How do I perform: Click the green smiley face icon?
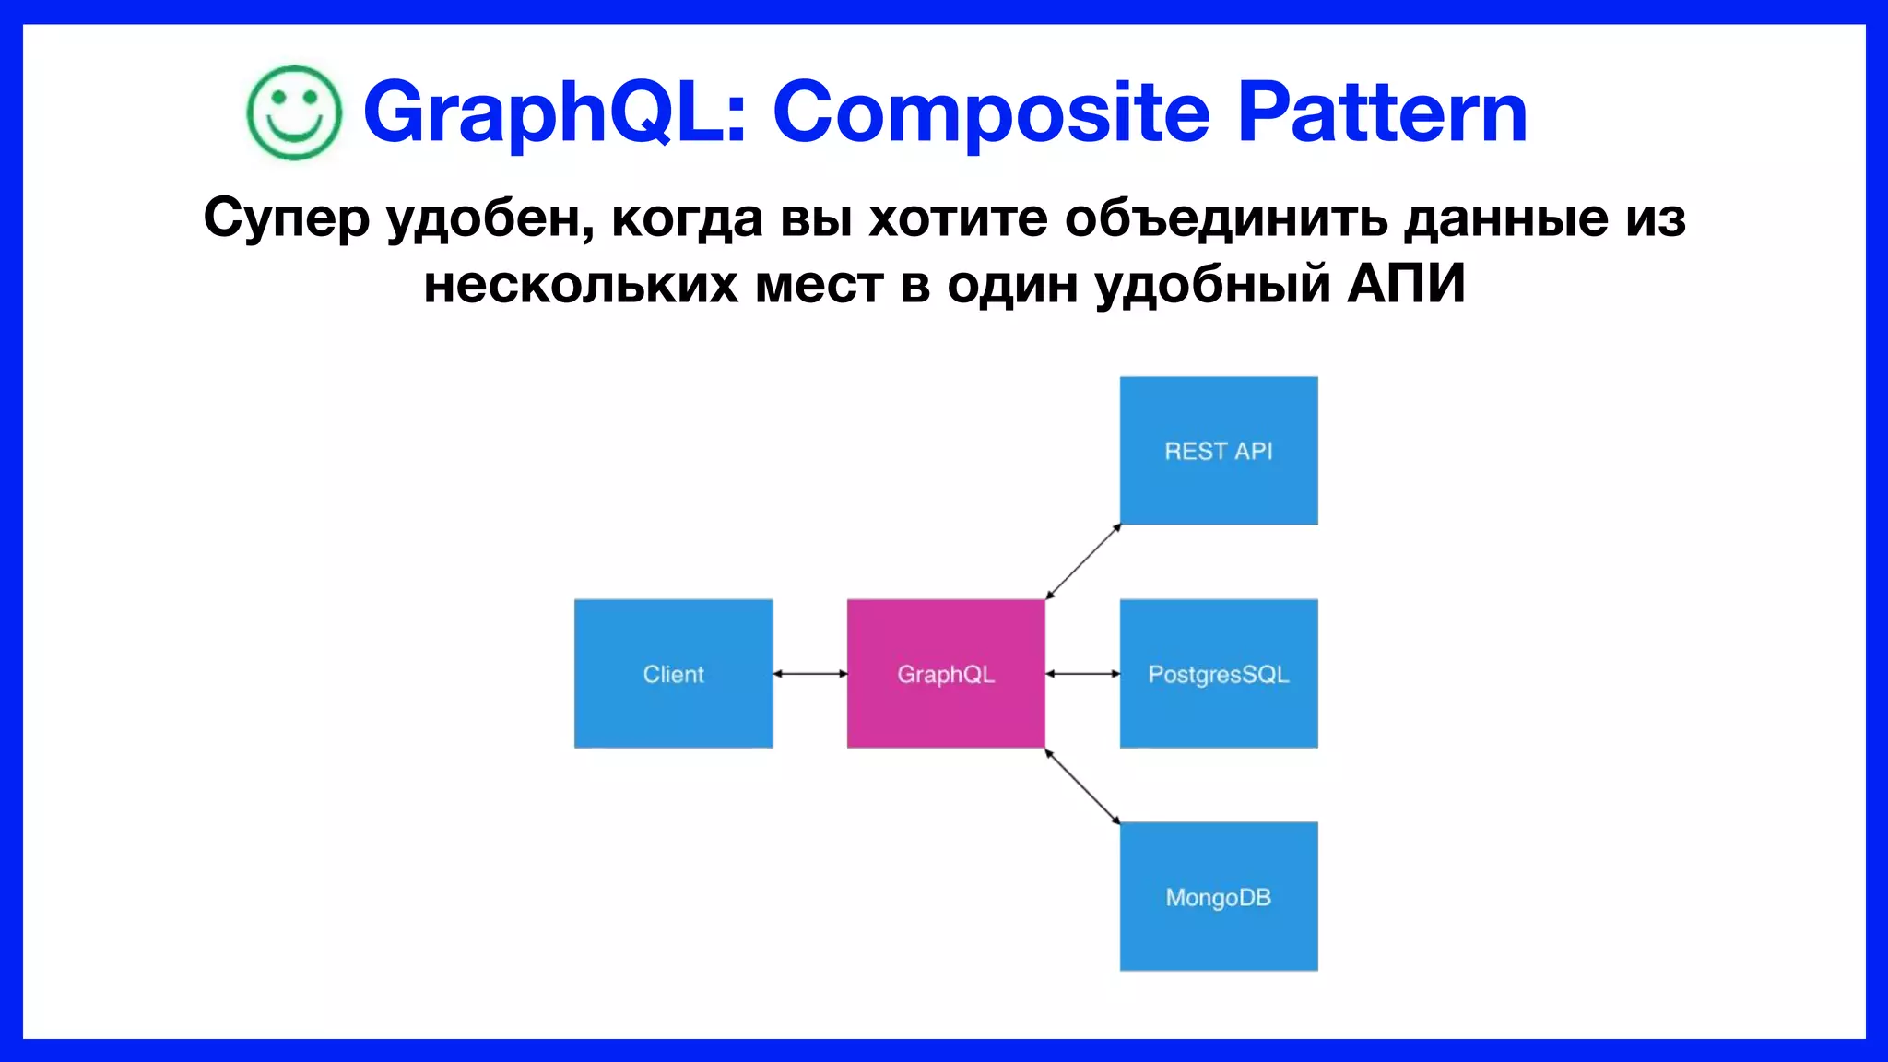[x=294, y=112]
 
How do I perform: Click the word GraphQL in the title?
[x=553, y=112]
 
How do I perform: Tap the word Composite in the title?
[x=991, y=112]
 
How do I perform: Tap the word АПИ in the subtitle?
[x=1406, y=284]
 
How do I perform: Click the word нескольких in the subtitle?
[x=580, y=284]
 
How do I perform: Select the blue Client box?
[x=673, y=674]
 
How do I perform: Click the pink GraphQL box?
[x=946, y=674]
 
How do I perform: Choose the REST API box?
[x=1218, y=451]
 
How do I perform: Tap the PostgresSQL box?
[x=1218, y=674]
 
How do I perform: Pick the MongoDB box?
[x=1218, y=896]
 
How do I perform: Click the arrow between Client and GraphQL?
[x=809, y=674]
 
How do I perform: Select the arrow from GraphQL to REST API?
[x=1083, y=561]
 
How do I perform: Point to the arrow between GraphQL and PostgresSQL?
[x=1082, y=674]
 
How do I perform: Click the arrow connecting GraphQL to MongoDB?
[x=1083, y=786]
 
